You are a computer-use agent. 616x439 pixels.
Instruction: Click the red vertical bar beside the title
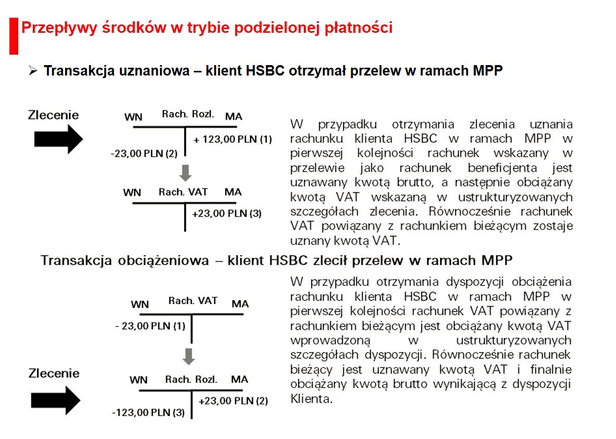[x=14, y=35]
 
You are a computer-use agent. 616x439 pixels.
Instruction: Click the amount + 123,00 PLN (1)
[x=233, y=140]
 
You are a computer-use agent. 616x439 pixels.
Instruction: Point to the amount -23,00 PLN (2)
[x=144, y=154]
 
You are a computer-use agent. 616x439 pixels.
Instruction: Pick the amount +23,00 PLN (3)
[x=227, y=214]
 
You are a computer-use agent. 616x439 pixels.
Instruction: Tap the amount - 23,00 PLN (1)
[x=150, y=326]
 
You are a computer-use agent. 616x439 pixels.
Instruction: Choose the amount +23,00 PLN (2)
[x=233, y=401]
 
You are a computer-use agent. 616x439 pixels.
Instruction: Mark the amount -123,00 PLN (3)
[x=149, y=413]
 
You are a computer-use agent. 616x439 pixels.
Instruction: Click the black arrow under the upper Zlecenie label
[x=58, y=139]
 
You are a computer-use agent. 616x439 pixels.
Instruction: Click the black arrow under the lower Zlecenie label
[x=56, y=400]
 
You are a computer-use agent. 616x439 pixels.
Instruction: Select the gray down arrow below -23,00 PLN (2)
[x=186, y=172]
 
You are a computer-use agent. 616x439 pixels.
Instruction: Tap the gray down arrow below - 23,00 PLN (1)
[x=189, y=356]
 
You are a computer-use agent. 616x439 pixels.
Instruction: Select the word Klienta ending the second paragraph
[x=310, y=400]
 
